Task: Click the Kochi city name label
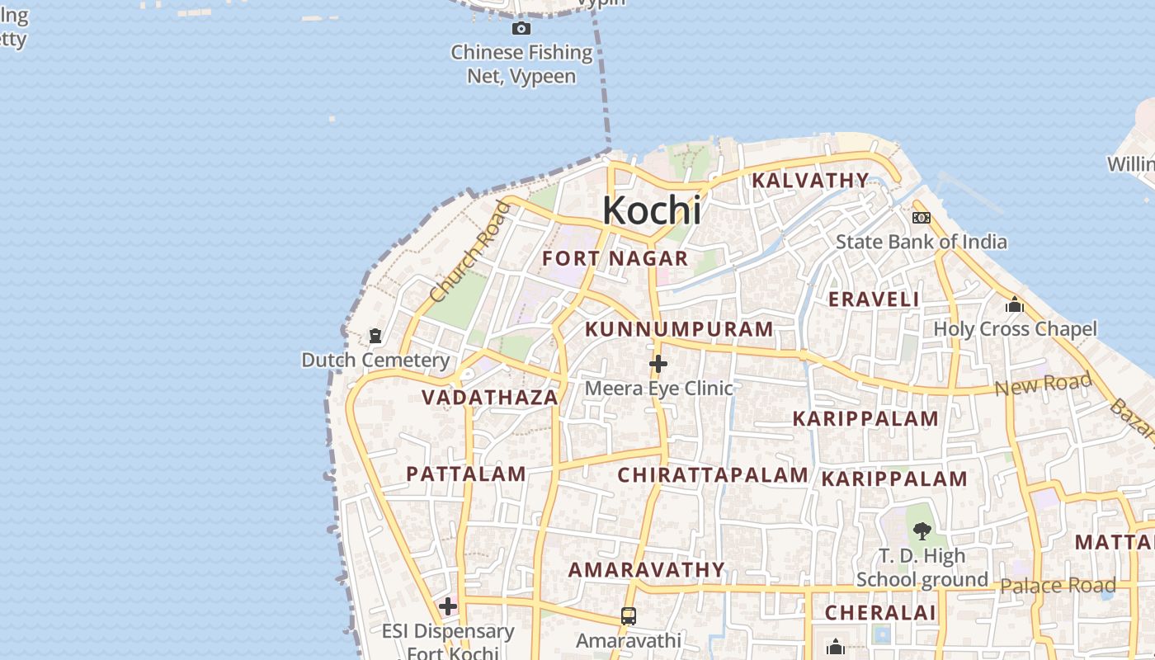point(652,210)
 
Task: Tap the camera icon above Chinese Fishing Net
point(521,29)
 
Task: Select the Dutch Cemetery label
point(375,360)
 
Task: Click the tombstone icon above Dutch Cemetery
point(375,337)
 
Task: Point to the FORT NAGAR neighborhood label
point(615,258)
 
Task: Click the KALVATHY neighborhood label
point(810,180)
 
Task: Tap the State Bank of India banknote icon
point(921,218)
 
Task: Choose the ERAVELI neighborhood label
point(874,299)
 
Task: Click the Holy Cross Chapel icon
point(1015,305)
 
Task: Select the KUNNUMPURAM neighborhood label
point(679,329)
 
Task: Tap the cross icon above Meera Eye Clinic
point(658,363)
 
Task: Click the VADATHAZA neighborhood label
point(490,397)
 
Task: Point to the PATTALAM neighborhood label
point(466,474)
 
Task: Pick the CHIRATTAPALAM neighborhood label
point(713,474)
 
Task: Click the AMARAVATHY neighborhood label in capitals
point(647,569)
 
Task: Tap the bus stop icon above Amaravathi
point(629,615)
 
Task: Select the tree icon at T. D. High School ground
point(922,531)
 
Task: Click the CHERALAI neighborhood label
point(880,612)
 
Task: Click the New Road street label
point(1043,384)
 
